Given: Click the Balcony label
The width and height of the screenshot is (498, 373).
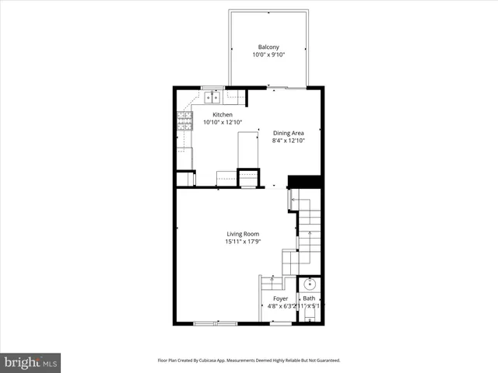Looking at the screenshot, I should [x=268, y=47].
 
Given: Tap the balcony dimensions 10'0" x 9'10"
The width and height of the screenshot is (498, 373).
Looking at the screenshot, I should [x=268, y=55].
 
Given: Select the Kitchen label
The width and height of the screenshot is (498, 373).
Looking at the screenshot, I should [x=223, y=114].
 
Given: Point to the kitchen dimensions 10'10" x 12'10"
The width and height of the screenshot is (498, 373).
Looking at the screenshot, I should [x=223, y=122].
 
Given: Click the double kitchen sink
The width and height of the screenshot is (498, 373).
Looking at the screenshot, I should [x=212, y=97].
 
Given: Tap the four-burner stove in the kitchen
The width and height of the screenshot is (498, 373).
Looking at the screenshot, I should [x=184, y=120].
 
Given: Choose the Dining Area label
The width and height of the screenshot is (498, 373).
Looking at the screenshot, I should [x=288, y=133].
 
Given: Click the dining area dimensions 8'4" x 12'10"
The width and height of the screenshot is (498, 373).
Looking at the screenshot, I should [x=288, y=141].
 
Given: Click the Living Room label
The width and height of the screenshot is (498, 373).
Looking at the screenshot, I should [x=243, y=234].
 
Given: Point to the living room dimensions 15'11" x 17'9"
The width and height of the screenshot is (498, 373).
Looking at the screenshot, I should [x=243, y=242].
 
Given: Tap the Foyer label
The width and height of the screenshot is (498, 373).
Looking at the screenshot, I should [x=280, y=298].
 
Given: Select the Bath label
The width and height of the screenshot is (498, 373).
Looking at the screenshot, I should [x=309, y=298].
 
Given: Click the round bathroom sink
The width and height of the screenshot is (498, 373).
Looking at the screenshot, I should [x=310, y=284].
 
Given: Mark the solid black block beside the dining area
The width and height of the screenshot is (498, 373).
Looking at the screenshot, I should [x=305, y=182].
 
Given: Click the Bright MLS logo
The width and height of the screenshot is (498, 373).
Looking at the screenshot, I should [x=31, y=362].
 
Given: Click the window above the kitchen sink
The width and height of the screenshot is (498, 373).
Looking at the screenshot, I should [x=212, y=87].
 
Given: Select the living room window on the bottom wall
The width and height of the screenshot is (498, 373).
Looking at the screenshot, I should [x=216, y=322].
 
